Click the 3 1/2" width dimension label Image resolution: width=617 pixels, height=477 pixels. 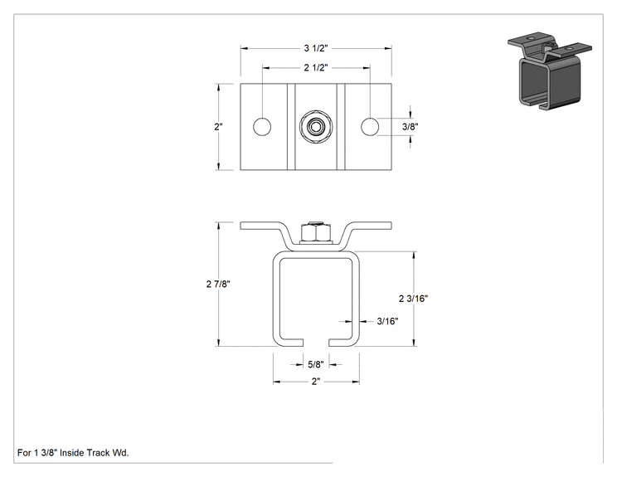(316, 48)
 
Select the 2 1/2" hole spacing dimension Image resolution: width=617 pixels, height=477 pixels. (316, 68)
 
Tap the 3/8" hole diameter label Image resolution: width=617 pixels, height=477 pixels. (410, 127)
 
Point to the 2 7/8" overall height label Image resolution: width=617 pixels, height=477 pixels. (218, 284)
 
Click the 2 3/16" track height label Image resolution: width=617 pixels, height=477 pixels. (413, 299)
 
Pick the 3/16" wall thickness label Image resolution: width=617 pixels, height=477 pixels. (387, 321)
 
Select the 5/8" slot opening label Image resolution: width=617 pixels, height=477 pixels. (316, 364)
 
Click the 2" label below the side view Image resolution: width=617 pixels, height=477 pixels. (316, 382)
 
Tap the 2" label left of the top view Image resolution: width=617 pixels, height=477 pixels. (218, 127)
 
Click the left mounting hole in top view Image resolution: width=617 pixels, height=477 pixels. (262, 127)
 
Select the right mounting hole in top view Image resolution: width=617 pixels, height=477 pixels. (370, 127)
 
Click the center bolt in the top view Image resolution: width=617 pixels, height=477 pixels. (316, 127)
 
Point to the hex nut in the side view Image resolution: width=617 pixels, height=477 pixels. (316, 231)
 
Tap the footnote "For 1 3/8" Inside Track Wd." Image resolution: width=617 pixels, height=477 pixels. (73, 453)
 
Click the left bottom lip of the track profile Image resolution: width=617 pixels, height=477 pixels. (291, 343)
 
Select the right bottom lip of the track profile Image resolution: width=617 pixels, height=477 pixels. (342, 343)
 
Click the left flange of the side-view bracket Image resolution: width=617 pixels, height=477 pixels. (261, 226)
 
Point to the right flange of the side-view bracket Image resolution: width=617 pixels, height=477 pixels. (370, 226)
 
